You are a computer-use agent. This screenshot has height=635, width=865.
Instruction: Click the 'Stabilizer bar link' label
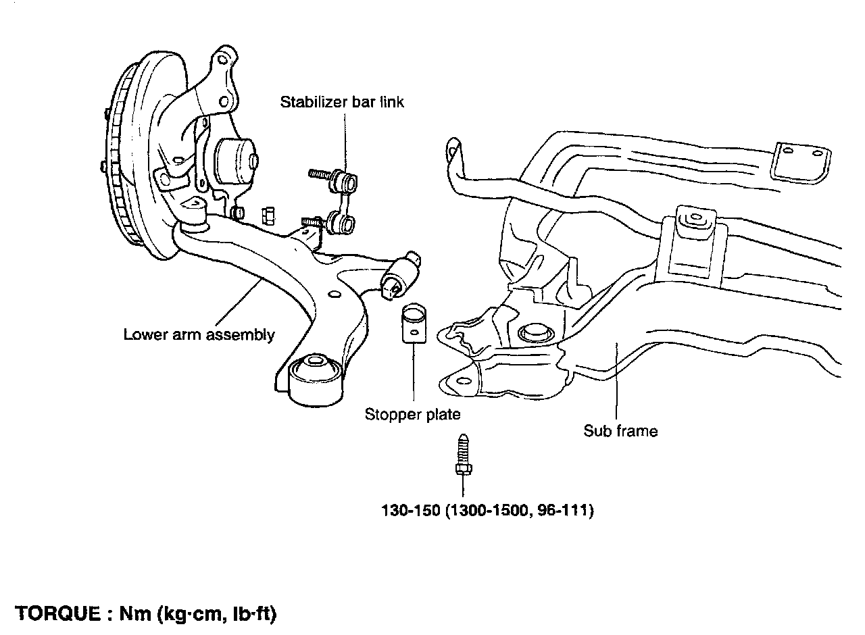342,103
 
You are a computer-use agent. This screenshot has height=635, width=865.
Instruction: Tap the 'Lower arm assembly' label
199,334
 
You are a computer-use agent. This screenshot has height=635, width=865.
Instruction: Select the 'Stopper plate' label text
412,413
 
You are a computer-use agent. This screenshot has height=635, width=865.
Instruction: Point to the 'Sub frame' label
620,430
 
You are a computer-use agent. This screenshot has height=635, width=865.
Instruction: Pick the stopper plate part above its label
412,324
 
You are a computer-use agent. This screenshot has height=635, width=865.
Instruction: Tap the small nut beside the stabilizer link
267,215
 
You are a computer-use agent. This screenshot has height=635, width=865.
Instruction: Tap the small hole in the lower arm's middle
332,295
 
